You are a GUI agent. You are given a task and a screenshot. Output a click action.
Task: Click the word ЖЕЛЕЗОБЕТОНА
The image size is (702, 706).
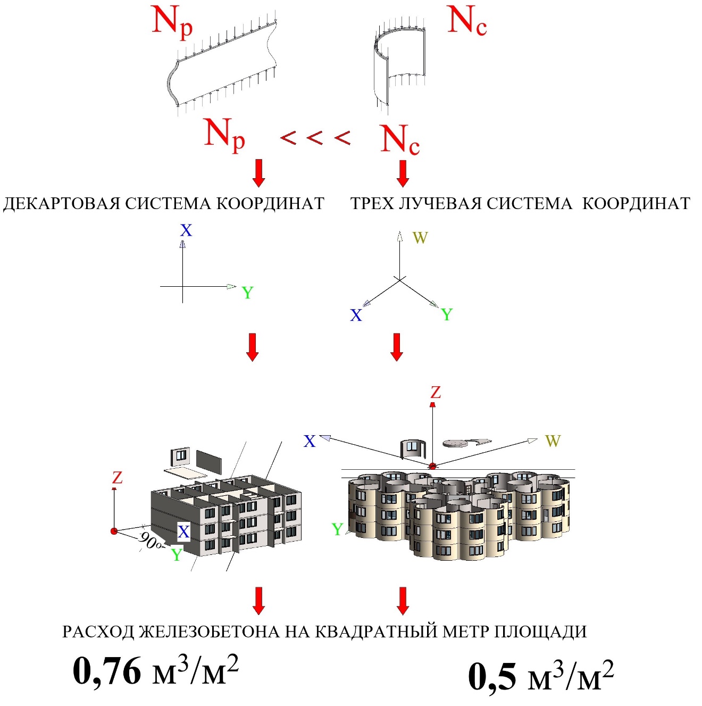[x=210, y=632]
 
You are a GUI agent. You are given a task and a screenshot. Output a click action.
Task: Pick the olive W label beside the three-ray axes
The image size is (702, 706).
[x=420, y=238]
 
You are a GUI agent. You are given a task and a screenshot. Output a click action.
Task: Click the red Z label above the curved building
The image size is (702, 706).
[x=436, y=393]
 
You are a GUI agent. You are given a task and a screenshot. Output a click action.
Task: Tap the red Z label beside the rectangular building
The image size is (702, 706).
[x=117, y=478]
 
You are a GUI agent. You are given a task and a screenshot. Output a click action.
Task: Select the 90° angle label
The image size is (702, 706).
[x=151, y=542]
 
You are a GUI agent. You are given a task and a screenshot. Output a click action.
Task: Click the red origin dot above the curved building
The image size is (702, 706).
[x=432, y=466]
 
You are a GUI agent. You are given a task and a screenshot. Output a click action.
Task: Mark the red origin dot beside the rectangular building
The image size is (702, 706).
[x=114, y=531]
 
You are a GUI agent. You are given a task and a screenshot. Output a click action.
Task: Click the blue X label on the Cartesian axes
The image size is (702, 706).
[x=186, y=230]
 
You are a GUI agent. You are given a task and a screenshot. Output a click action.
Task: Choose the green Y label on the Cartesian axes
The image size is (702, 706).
[x=247, y=293]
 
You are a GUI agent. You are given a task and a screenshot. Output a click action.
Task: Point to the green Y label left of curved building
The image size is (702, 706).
[x=337, y=529]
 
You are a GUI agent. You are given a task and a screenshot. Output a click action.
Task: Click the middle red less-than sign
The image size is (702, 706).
[x=315, y=138]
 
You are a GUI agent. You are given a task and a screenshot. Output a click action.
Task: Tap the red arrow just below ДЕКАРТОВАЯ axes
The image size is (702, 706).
[x=253, y=347]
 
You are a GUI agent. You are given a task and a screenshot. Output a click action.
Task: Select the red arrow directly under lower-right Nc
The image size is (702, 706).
[x=403, y=173]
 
